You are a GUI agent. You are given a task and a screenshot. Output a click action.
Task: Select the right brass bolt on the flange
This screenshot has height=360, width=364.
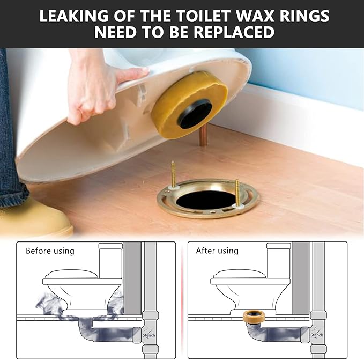point(237,190)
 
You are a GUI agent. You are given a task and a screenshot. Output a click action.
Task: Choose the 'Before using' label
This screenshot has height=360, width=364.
point(50,251)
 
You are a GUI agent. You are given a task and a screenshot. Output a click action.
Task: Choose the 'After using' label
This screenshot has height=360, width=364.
point(217,251)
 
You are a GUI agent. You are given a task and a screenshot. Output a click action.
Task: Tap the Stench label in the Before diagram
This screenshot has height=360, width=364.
point(149,335)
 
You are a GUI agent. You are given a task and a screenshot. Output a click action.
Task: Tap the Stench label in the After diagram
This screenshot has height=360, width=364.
point(317,335)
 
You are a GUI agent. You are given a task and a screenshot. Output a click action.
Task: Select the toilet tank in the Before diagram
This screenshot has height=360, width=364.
point(111,260)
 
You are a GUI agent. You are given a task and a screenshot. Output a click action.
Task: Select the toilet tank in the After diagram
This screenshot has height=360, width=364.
point(279,260)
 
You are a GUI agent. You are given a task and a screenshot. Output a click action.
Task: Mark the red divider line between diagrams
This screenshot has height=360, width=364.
point(182,300)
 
